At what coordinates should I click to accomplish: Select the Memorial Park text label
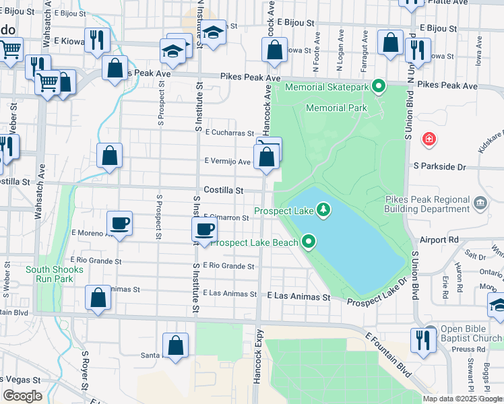[x=336, y=108]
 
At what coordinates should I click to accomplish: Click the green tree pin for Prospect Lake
[x=324, y=210]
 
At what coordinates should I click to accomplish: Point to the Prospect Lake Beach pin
[x=309, y=240]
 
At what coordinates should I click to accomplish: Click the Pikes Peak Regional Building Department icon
[x=480, y=203]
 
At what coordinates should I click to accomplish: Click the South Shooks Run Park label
[x=55, y=274]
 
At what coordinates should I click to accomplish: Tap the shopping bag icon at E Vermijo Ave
[x=267, y=158]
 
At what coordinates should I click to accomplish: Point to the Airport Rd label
[x=438, y=240]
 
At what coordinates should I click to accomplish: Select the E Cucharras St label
[x=229, y=133]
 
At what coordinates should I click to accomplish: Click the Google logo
[x=22, y=396]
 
